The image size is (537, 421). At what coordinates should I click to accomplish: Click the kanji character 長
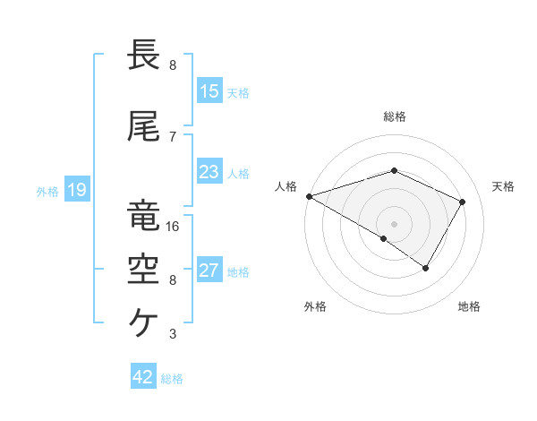coord(144,56)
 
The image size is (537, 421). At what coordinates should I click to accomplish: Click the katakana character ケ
coord(144,321)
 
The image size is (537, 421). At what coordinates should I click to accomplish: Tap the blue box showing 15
coord(209,90)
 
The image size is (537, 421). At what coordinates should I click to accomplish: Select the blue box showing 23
coord(209,172)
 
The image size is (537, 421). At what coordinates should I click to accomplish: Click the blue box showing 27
coord(209,271)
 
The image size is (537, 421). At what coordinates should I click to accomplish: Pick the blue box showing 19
coord(76,189)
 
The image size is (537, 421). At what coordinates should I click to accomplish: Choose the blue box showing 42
coord(143,377)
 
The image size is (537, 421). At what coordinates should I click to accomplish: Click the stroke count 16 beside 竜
coord(173,227)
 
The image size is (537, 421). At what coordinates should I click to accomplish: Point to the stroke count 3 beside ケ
coord(173,334)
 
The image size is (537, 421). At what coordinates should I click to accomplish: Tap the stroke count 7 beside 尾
coord(173,137)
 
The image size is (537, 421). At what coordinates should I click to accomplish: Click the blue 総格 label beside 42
coord(173,379)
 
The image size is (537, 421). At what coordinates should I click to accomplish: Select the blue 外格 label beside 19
coord(47,191)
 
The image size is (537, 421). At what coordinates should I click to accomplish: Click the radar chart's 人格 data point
coord(309,196)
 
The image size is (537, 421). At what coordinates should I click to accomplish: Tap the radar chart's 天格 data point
coord(463,202)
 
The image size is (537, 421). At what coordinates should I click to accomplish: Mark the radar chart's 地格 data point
coord(426,268)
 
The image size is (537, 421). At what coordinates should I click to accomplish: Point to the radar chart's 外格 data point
coord(384,238)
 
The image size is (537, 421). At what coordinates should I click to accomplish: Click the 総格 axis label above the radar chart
coord(395,116)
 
